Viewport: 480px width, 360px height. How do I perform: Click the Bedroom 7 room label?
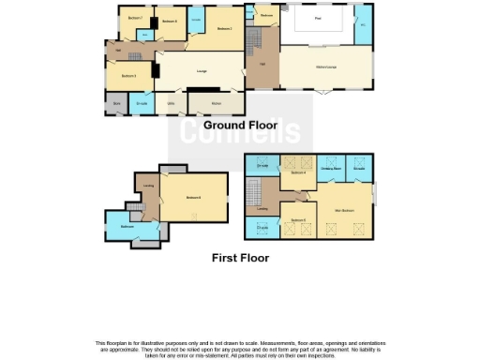135,18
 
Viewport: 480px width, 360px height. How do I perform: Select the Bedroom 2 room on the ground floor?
223,29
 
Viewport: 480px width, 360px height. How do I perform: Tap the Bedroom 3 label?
129,75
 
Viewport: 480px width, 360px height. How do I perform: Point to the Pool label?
320,18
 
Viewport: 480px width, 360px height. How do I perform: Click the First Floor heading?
239,257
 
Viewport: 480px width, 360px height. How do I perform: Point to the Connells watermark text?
240,132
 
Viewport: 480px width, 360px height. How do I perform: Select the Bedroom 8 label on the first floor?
192,197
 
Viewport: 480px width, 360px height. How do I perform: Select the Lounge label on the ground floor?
201,70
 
